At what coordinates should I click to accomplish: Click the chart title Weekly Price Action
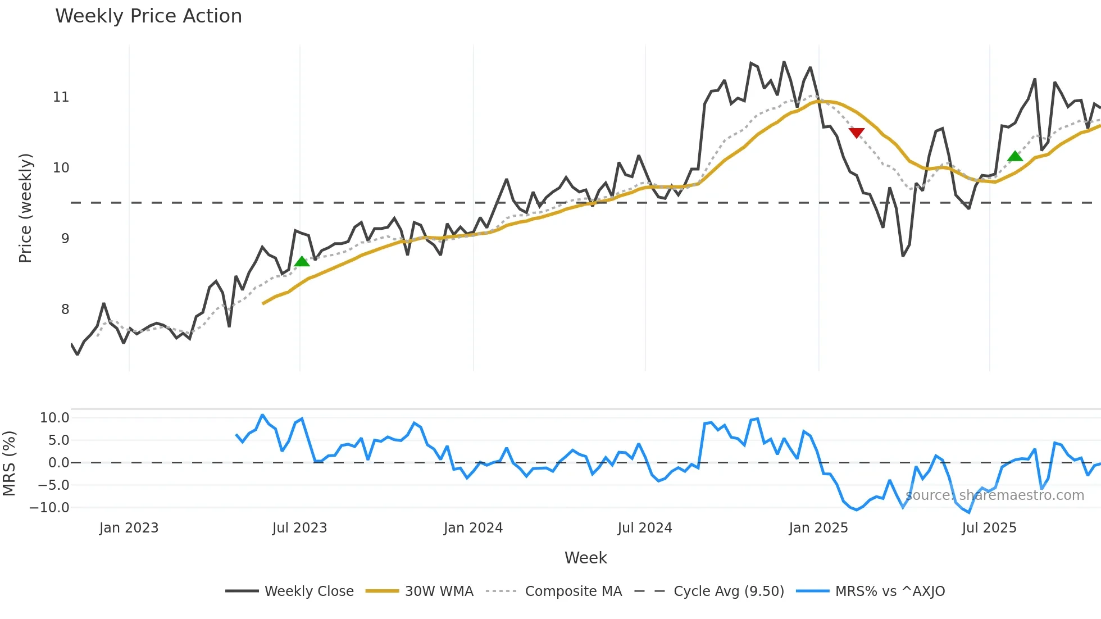(x=148, y=16)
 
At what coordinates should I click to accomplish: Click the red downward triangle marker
(x=856, y=133)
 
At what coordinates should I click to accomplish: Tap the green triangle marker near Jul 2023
(x=302, y=261)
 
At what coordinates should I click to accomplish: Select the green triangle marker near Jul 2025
(x=1015, y=156)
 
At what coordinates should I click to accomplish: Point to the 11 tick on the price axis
(x=61, y=97)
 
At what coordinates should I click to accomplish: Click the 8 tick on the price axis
(x=65, y=309)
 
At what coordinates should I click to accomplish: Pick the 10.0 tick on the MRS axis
(x=54, y=417)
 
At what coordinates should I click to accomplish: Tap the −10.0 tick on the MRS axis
(x=49, y=507)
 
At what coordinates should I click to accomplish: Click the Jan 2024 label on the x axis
(x=473, y=528)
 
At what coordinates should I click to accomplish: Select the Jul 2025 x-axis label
(x=989, y=528)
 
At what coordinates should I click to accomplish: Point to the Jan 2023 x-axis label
(x=129, y=528)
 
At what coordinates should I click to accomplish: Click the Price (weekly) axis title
(x=25, y=208)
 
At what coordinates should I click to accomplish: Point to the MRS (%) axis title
(x=9, y=463)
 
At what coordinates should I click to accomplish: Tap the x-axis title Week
(x=585, y=558)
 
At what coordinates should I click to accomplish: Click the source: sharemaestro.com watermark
(x=994, y=495)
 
